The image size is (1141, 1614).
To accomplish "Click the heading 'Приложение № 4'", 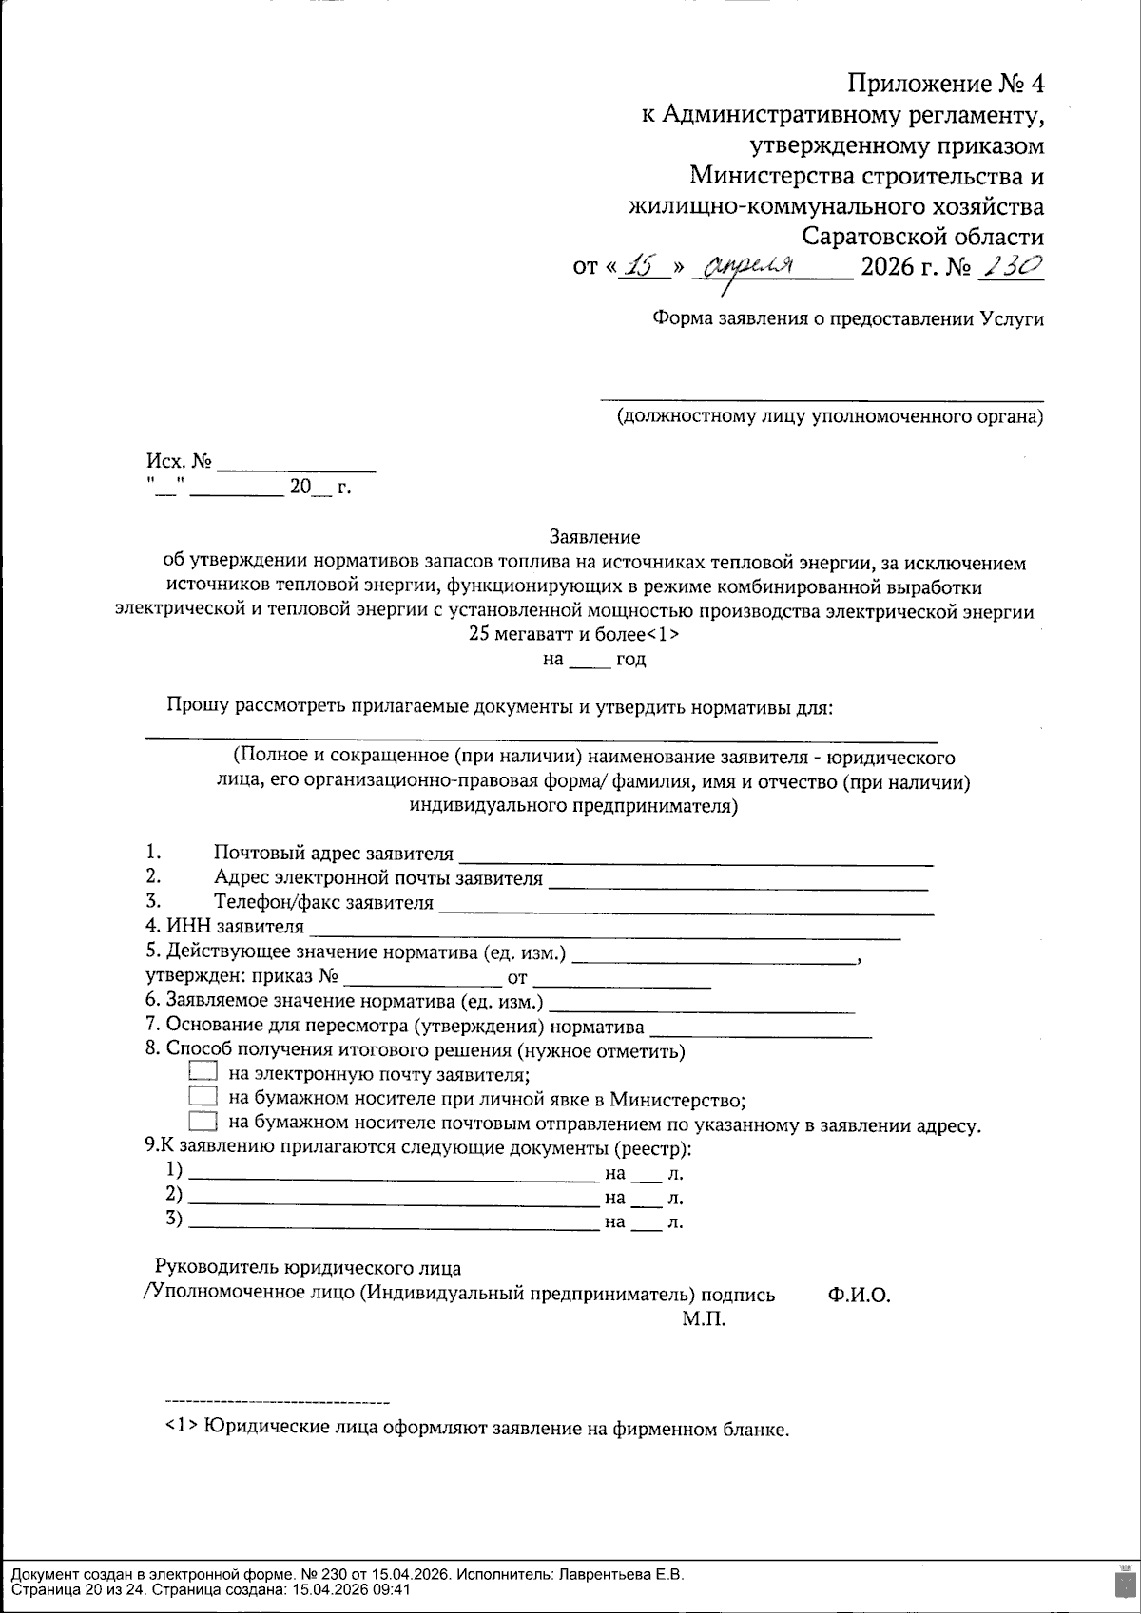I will pos(945,85).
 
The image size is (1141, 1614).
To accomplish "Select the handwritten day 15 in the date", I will pos(647,267).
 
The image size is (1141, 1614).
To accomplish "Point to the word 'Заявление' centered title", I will pos(594,538).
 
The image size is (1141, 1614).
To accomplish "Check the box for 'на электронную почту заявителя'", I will pos(203,1071).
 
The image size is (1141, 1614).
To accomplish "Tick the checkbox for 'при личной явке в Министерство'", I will pos(203,1097).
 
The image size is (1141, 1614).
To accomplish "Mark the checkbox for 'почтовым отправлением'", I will pos(203,1123).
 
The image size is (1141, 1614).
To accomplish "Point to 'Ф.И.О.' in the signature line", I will pos(859,1295).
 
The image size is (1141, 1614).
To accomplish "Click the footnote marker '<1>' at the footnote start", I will pos(180,1428).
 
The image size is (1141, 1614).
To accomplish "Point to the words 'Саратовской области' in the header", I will pos(922,236).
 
